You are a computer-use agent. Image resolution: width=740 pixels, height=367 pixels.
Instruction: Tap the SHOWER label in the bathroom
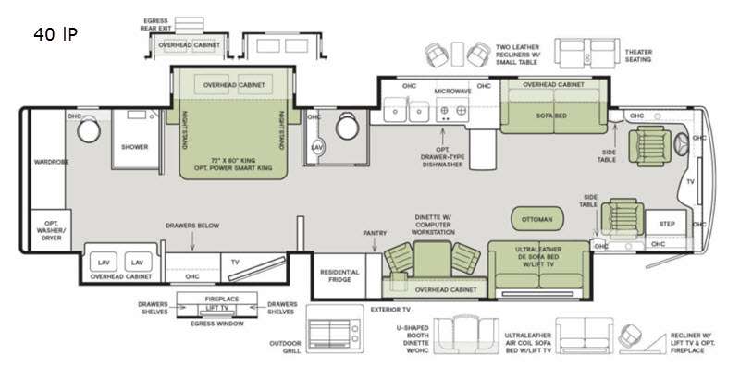[x=135, y=145]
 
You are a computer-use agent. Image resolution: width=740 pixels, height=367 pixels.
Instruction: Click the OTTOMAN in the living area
[x=536, y=219]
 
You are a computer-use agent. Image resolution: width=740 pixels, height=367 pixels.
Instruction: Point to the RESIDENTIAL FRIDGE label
[x=339, y=275]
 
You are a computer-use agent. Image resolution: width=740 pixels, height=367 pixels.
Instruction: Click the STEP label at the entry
[x=666, y=225]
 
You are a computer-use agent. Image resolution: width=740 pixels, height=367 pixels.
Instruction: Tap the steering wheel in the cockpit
[x=683, y=146]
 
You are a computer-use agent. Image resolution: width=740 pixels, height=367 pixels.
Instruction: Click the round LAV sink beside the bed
[x=316, y=147]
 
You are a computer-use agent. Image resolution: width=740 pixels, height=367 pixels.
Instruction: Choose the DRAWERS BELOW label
[x=192, y=225]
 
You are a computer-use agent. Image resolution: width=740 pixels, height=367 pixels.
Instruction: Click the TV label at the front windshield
[x=689, y=183]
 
